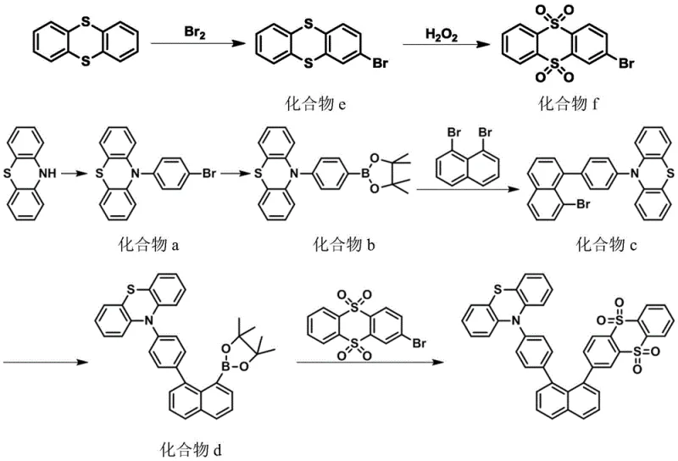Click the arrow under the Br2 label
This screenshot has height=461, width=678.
point(197,46)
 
